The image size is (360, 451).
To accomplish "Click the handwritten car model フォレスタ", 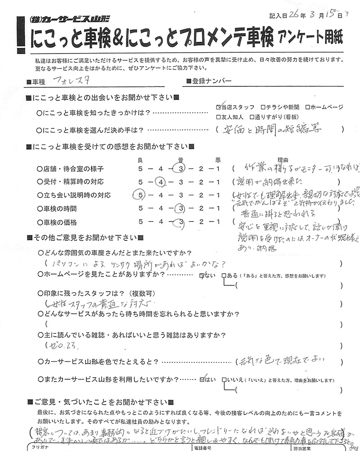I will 66,82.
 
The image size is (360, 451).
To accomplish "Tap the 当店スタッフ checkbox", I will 218,108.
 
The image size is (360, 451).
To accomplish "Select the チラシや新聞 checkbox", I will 263,108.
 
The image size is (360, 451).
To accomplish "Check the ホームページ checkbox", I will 307,108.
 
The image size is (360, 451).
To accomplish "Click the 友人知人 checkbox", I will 218,117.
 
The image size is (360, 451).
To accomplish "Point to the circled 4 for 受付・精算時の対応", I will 160,182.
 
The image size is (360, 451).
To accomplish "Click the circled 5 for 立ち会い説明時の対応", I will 140,195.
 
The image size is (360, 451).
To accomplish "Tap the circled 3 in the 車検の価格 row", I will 180,221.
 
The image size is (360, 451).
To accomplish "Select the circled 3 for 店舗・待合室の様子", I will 180,169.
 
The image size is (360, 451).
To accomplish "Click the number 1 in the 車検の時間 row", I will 218,208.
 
